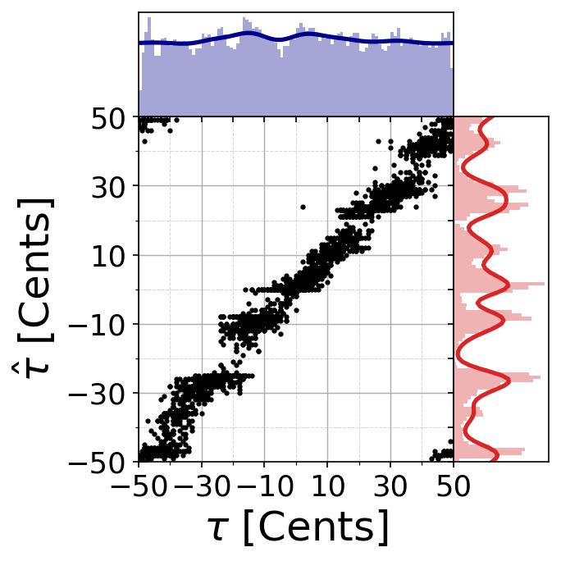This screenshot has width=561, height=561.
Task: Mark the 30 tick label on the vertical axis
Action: tap(106, 187)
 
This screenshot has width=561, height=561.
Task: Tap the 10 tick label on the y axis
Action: tap(106, 256)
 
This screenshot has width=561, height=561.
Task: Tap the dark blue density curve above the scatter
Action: tap(246, 34)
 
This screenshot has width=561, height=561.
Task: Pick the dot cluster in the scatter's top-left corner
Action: tap(153, 123)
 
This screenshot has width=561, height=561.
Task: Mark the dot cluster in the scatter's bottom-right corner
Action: tap(443, 454)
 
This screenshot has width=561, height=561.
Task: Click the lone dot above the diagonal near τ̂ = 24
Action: tap(303, 208)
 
